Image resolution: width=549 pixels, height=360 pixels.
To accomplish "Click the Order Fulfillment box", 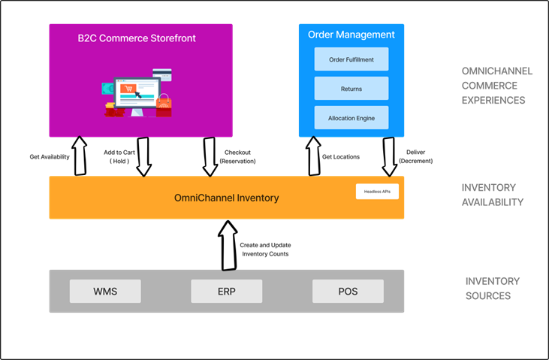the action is tap(351, 59).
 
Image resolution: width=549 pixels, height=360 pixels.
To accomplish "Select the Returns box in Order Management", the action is tap(351, 89).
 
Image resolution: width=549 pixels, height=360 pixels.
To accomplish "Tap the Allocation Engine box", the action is tap(351, 118).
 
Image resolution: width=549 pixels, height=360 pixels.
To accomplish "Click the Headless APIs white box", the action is tap(377, 192).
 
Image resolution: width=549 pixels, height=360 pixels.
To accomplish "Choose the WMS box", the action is tap(105, 292).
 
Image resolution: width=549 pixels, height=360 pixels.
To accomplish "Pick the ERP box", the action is tap(227, 292).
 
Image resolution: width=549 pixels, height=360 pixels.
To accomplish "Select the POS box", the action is tap(348, 292).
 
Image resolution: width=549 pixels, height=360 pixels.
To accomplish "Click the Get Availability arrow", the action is tap(80, 156).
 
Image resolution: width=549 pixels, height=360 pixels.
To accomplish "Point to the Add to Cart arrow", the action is tap(143, 156).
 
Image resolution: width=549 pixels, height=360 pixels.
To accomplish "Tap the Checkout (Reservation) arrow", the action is tap(210, 156).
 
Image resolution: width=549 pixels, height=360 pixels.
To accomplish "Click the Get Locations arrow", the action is tap(313, 156).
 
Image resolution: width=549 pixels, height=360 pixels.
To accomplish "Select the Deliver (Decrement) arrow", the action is tap(389, 156).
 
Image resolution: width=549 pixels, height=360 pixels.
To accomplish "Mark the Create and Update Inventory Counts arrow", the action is tap(228, 245).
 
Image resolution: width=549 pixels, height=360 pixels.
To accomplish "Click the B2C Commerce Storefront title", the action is tap(137, 38).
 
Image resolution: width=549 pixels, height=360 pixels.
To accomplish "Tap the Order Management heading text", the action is tap(351, 35).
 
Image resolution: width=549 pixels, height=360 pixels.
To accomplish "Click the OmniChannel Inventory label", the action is tap(227, 198).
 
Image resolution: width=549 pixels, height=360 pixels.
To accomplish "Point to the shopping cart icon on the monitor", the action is tap(128, 89).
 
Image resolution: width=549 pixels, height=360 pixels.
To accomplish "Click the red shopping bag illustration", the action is tap(164, 105).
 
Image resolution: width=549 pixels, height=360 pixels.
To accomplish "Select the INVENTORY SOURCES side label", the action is tap(492, 289).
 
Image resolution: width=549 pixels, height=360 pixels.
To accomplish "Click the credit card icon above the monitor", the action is tap(162, 74).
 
